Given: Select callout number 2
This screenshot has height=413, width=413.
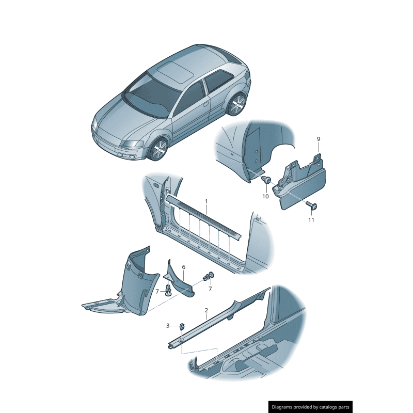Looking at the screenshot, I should (206, 310).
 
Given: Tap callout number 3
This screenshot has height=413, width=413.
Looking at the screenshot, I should (167, 326).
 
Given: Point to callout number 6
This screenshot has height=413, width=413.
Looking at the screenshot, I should (183, 267).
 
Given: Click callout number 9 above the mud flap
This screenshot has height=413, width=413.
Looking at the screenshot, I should (319, 139).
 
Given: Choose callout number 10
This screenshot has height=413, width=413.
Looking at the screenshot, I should (265, 196).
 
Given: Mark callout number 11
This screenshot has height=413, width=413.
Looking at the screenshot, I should (311, 220).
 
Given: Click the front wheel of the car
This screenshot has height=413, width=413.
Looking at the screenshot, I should (157, 150).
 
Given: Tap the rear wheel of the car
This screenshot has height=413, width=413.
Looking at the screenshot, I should (237, 105).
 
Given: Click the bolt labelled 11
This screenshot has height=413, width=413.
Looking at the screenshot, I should (312, 206).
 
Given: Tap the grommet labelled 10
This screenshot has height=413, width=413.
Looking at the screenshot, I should (266, 180).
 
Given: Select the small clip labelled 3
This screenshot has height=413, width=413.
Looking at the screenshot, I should (183, 326).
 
